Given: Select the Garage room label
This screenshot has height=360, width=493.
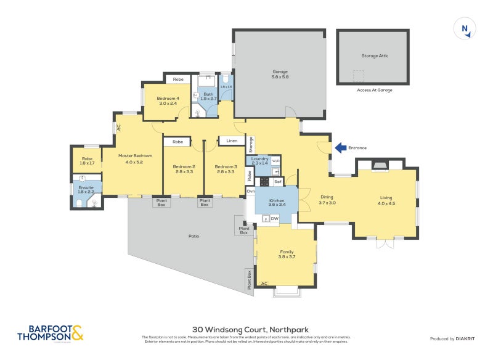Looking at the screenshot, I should [280, 72].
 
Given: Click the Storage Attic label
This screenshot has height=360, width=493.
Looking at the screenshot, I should [372, 55].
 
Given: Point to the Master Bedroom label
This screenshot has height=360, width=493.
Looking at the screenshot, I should [134, 155].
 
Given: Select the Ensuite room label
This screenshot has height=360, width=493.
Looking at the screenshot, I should [85, 187].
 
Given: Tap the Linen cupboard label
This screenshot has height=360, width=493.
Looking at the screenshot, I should [232, 141].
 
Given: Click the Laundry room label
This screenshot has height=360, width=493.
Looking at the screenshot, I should [259, 158].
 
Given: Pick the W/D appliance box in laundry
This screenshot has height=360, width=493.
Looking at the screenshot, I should [275, 161].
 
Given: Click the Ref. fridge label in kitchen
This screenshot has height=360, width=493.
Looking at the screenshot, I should [277, 182].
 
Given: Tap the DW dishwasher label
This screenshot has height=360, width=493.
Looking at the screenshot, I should [275, 218].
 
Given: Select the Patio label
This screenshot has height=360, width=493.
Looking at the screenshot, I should [192, 236].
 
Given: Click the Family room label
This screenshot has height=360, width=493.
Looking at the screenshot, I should [287, 252].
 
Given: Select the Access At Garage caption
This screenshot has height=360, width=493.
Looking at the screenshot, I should [375, 90].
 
